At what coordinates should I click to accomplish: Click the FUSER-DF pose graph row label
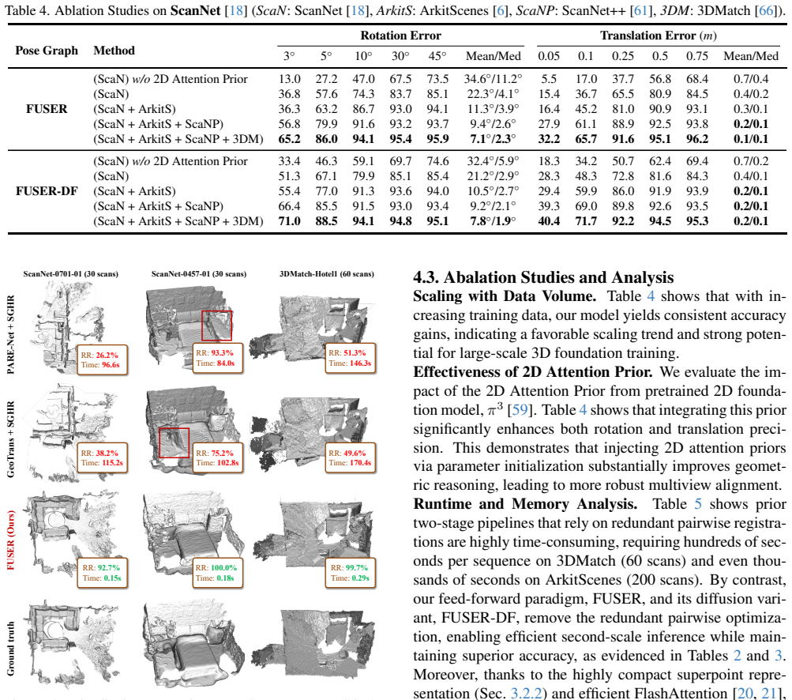[x=47, y=191]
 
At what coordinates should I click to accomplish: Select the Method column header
[x=114, y=51]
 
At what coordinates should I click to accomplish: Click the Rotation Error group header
[x=400, y=36]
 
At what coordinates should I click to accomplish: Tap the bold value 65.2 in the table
[x=290, y=139]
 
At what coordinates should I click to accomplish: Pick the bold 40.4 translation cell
[x=549, y=221]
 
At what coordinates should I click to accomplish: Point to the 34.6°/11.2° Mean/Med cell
[x=493, y=79]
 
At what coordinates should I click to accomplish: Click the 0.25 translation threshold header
[x=623, y=56]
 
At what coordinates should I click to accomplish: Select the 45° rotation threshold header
[x=437, y=56]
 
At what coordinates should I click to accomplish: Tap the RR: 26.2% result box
[x=102, y=359]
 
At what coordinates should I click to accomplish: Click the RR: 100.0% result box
[x=218, y=573]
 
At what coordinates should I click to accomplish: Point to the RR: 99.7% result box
[x=351, y=573]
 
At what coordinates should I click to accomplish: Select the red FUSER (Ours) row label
[x=11, y=540]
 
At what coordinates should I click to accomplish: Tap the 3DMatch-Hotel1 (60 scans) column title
[x=327, y=274]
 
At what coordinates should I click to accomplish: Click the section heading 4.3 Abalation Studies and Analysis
[x=543, y=277]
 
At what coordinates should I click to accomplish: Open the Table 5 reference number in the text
[x=698, y=504]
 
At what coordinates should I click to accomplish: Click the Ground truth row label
[x=11, y=649]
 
